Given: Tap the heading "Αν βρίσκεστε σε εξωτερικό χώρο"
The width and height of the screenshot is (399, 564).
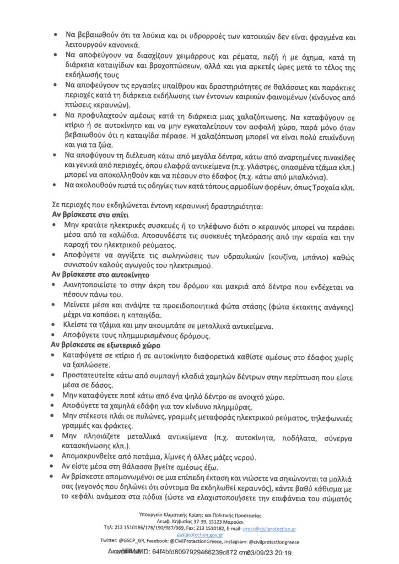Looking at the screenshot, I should (106, 345).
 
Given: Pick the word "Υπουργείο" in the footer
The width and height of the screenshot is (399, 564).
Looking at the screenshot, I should (149, 514).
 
